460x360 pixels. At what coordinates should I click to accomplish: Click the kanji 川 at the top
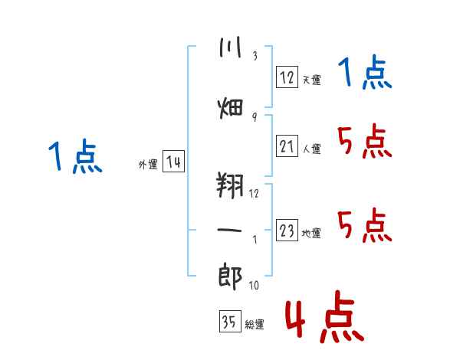[230, 47]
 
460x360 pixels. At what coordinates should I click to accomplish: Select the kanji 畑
[230, 108]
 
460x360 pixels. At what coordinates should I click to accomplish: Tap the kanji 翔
[230, 185]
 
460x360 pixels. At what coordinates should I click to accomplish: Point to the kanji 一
[230, 230]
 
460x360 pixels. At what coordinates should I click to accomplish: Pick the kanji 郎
[230, 277]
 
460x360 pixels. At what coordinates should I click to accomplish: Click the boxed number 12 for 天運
[287, 77]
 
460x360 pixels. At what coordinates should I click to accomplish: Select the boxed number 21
[287, 146]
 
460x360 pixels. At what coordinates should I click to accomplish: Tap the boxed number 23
[287, 230]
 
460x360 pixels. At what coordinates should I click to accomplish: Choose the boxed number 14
[173, 162]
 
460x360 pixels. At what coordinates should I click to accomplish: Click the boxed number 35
[230, 321]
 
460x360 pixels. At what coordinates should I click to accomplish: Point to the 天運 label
[312, 80]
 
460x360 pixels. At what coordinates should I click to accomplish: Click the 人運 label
[312, 149]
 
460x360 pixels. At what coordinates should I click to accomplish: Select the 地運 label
[311, 234]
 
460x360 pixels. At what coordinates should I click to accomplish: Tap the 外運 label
[148, 164]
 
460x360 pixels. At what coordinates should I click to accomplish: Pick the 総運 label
[255, 325]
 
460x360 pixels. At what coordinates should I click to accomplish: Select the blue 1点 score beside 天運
[365, 72]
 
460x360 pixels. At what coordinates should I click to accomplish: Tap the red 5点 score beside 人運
[365, 141]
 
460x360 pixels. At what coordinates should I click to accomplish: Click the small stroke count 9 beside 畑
[255, 117]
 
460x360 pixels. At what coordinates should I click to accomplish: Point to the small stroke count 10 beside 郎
[254, 285]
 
